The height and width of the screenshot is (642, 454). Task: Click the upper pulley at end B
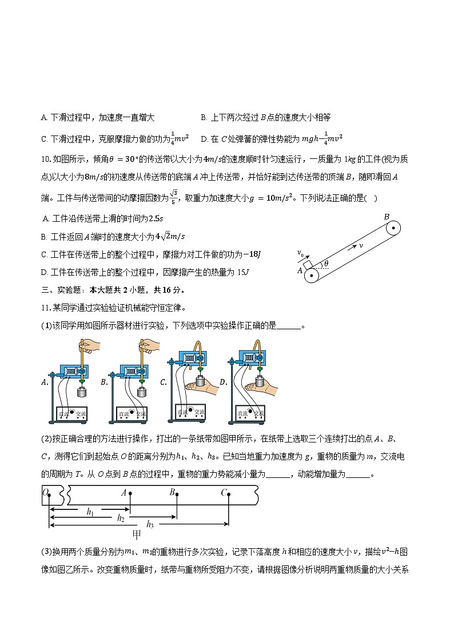392,228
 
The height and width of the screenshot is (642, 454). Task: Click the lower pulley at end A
312,276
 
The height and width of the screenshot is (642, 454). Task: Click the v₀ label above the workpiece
300,252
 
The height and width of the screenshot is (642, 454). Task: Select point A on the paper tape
130,494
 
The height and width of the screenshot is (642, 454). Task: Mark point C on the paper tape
229,494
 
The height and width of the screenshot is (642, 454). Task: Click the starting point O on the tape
49,494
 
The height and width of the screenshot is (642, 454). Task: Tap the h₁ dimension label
90,512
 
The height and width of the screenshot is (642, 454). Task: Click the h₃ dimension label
150,524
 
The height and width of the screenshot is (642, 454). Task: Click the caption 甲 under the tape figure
137,535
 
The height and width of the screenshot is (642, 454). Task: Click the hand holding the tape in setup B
150,346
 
